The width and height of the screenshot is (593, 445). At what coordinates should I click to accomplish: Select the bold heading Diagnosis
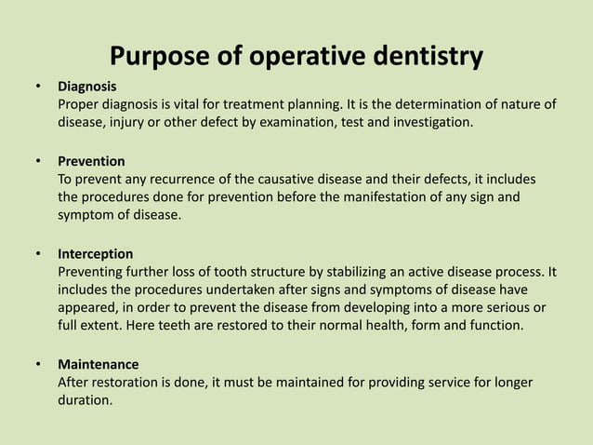(88, 87)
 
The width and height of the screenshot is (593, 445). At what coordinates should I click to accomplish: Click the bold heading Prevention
(91, 161)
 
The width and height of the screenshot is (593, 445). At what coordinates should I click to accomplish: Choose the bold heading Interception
(95, 253)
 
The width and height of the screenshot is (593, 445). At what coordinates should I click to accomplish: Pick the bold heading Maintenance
(98, 363)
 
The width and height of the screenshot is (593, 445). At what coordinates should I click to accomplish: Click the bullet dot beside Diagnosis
(38, 87)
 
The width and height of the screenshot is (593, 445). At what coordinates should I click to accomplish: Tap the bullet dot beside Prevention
(38, 161)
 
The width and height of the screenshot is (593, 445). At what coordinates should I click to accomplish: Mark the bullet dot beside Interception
(38, 253)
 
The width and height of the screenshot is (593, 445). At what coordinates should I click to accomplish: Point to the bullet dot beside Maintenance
(38, 363)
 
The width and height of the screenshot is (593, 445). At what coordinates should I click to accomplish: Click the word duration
(85, 399)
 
